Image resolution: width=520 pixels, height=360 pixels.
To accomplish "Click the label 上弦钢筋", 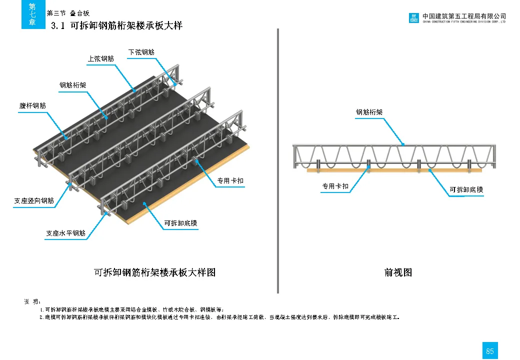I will click(x=101, y=59).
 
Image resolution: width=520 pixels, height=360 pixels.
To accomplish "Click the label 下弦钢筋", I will click(x=141, y=52).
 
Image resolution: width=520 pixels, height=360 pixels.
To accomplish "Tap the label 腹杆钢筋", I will click(x=32, y=106).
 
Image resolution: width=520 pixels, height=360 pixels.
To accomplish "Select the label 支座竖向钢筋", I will click(x=34, y=201).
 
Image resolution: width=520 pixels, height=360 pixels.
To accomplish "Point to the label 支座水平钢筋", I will click(x=65, y=233).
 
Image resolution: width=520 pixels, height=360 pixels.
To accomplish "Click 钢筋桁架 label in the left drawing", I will click(x=73, y=85).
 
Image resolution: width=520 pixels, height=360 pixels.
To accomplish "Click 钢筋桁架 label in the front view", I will click(x=369, y=112).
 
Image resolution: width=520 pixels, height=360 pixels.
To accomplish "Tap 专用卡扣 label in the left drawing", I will click(x=230, y=180).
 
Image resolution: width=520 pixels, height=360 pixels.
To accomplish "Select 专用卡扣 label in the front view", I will click(x=335, y=186).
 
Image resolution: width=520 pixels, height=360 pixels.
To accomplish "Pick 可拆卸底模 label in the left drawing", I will click(x=181, y=223).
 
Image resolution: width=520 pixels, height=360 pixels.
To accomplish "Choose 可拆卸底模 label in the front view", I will click(x=466, y=189).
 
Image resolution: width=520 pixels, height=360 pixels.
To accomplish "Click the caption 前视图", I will click(x=398, y=272).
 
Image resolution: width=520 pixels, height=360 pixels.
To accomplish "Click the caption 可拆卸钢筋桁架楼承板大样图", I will click(x=154, y=272).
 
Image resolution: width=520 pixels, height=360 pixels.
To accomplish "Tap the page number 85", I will click(x=489, y=351).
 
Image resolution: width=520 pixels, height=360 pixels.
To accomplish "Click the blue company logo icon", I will click(x=414, y=18).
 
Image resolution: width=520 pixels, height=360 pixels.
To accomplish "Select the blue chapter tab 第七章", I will click(x=32, y=14).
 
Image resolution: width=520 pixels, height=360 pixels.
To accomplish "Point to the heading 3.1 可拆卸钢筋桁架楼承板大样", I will click(x=117, y=26).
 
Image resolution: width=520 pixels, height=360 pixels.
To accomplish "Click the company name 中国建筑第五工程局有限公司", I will click(x=464, y=16).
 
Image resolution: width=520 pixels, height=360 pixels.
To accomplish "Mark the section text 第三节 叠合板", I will click(x=67, y=13).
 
